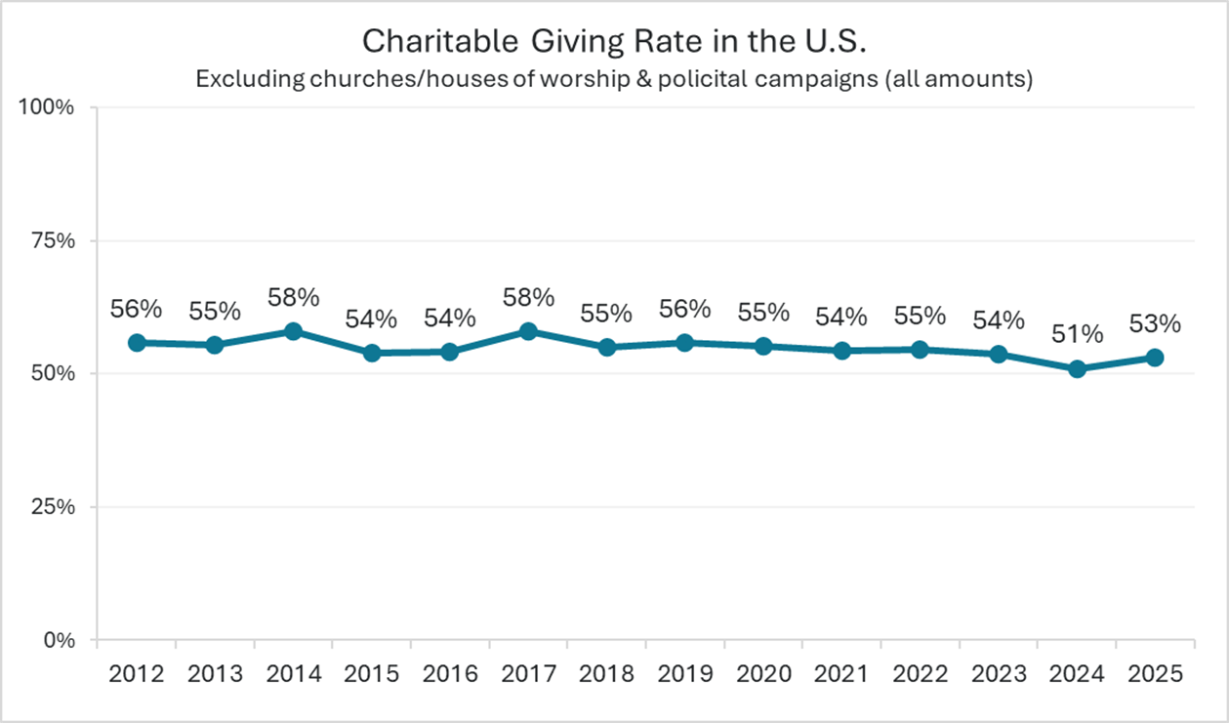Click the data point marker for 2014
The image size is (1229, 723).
pyautogui.click(x=293, y=331)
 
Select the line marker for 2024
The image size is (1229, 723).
pyautogui.click(x=1077, y=368)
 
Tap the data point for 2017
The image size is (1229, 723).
pyautogui.click(x=528, y=331)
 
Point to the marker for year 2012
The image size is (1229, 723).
pyautogui.click(x=137, y=342)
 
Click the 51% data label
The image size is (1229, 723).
pyautogui.click(x=1077, y=334)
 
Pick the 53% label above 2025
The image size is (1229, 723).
pyautogui.click(x=1155, y=322)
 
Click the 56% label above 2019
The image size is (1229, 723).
pyautogui.click(x=685, y=308)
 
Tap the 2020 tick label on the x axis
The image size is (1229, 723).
pyautogui.click(x=763, y=674)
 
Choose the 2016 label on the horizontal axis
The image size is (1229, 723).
pyautogui.click(x=450, y=674)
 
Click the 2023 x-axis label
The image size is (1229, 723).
pyautogui.click(x=999, y=674)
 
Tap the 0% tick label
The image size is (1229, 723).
pyautogui.click(x=62, y=641)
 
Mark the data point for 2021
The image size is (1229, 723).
pyautogui.click(x=841, y=350)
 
